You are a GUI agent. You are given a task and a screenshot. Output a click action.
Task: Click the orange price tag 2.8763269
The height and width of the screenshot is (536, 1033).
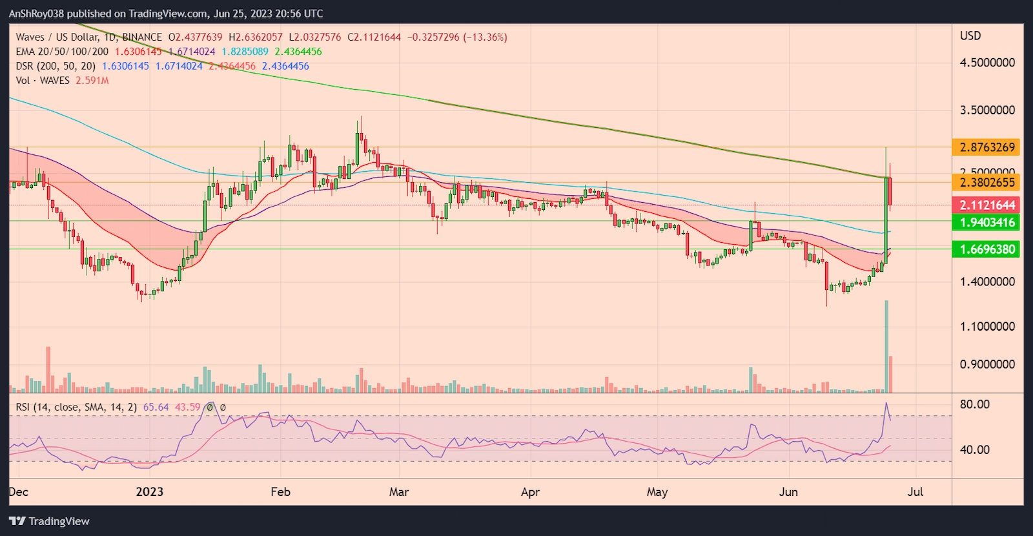pos(987,147)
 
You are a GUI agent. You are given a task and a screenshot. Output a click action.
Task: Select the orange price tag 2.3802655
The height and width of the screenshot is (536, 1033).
pos(987,182)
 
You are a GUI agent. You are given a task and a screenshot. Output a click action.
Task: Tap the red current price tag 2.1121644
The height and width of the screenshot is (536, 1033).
pos(987,205)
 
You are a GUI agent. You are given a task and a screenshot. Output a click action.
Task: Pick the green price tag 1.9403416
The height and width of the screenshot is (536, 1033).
pos(987,223)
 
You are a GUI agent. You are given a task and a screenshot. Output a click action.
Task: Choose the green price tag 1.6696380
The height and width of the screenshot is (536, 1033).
pos(987,249)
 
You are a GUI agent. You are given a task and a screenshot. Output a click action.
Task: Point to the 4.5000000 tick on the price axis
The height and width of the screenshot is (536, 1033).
pos(987,63)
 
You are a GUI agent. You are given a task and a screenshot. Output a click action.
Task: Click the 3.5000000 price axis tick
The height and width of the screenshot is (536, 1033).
pos(987,110)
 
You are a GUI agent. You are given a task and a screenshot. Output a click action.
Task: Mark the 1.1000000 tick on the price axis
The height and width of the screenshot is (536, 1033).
pos(987,327)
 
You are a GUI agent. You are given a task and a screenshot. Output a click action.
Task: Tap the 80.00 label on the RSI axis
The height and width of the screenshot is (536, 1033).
pos(974,404)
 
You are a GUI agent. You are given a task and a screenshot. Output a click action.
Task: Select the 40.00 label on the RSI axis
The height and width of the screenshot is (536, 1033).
pos(974,449)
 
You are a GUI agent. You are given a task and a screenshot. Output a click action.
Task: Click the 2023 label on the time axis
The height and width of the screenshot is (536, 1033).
pos(149,492)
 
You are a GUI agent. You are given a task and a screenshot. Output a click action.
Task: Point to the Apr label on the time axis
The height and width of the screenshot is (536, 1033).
pos(530,492)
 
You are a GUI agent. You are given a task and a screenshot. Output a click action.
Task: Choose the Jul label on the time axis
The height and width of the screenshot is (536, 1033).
pos(915,492)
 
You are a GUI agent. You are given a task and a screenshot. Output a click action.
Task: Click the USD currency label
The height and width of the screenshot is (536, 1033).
pos(970,36)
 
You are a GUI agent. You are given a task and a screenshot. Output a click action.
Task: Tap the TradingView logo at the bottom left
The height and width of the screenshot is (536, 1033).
pos(50,521)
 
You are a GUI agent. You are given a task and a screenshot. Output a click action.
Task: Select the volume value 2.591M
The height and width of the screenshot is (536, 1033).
pos(92,81)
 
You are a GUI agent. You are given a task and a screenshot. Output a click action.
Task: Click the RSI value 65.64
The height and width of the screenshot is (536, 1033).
pos(156,407)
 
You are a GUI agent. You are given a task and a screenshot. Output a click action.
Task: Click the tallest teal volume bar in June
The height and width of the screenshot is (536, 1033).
pos(886,346)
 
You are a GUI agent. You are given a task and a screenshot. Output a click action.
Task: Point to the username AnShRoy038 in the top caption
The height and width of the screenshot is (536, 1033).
pos(36,14)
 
